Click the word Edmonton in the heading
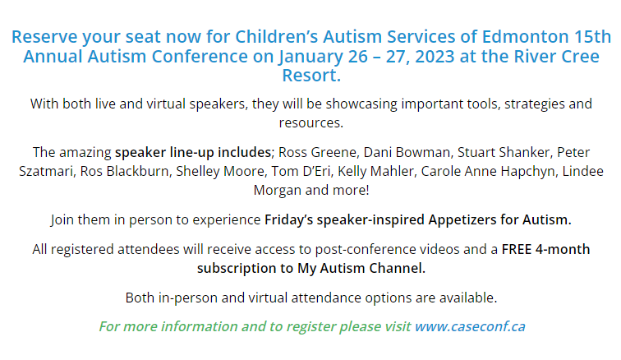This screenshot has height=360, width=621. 525,36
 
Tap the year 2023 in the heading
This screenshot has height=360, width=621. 435,56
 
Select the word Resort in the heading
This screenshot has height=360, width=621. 309,76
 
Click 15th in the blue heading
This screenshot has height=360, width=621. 592,36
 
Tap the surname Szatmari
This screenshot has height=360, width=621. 46,171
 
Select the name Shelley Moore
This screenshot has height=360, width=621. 220,171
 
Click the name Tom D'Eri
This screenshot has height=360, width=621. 301,171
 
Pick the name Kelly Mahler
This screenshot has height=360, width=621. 375,171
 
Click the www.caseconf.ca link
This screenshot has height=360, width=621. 470,326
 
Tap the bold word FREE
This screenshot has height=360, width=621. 517,249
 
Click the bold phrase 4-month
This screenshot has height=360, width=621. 563,249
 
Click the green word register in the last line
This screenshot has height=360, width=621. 310,326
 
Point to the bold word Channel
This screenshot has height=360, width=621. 398,269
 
